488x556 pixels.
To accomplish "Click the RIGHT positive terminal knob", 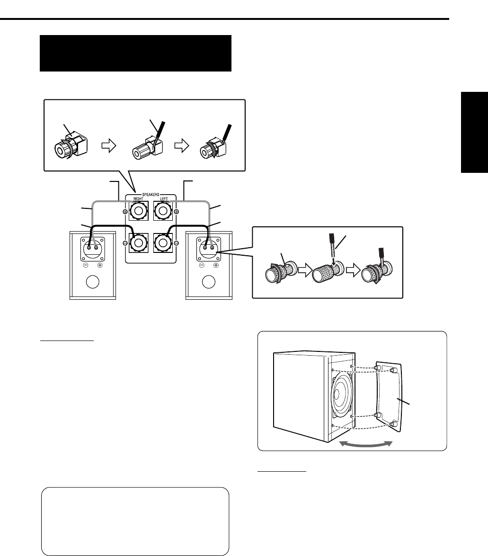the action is tap(139, 211).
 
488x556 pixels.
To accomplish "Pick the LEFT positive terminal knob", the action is tap(163, 211).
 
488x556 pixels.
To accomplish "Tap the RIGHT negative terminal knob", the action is tap(139, 243).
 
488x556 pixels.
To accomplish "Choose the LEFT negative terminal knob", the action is tap(163, 243).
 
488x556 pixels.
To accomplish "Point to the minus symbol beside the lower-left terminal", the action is tap(125, 243).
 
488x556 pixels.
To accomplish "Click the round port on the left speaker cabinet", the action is tap(93, 282).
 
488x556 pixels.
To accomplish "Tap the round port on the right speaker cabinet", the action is tap(209, 282).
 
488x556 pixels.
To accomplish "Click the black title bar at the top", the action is tap(135, 53).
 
